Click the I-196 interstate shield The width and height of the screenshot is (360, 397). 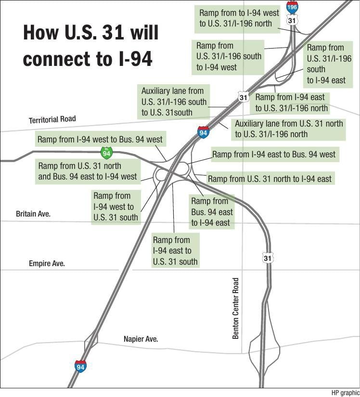[x=292, y=7]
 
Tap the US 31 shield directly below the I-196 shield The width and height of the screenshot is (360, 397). [x=292, y=21]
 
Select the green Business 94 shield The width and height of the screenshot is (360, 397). [x=106, y=153]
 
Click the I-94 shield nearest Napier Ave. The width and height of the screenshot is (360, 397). [x=80, y=367]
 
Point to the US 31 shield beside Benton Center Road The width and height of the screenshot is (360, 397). [x=268, y=258]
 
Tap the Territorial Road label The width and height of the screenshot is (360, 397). [x=52, y=119]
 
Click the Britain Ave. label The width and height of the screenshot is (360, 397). [x=33, y=213]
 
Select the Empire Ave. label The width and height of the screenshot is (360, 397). [x=47, y=263]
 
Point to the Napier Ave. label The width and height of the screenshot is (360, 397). [x=141, y=339]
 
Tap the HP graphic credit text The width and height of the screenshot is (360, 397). [x=345, y=393]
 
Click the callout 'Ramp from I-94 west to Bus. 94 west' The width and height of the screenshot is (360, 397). [x=100, y=140]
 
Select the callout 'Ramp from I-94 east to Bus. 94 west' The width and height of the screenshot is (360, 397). [x=274, y=154]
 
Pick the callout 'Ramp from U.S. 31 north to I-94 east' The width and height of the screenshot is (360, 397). [x=270, y=179]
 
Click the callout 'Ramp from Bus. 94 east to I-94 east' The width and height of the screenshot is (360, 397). [x=212, y=212]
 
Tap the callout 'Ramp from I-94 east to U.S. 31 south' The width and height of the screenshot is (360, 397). [x=175, y=251]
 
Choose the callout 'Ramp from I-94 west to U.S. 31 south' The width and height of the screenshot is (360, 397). [x=116, y=206]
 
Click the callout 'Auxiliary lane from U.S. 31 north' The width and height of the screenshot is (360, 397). [x=289, y=128]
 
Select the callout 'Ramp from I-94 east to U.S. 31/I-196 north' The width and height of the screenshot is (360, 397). [x=292, y=102]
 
